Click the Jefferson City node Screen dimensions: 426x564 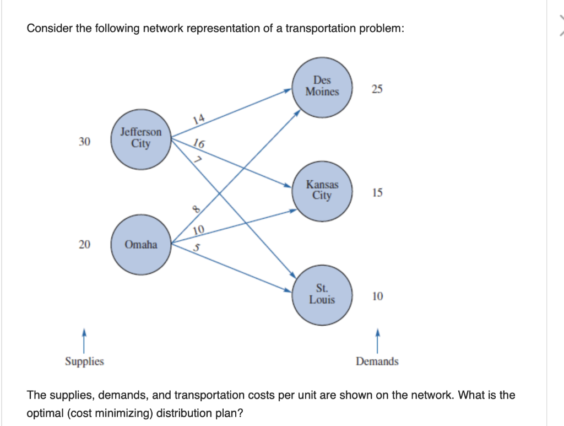[x=140, y=138]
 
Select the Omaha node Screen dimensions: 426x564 [x=140, y=245]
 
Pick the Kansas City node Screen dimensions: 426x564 [x=322, y=190]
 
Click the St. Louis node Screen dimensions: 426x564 [x=322, y=295]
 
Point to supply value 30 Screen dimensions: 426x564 [x=84, y=142]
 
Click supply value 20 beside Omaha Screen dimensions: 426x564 [x=84, y=245]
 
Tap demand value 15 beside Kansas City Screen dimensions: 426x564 [x=377, y=193]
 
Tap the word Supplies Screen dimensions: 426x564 [x=84, y=362]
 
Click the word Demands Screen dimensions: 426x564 [x=377, y=362]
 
